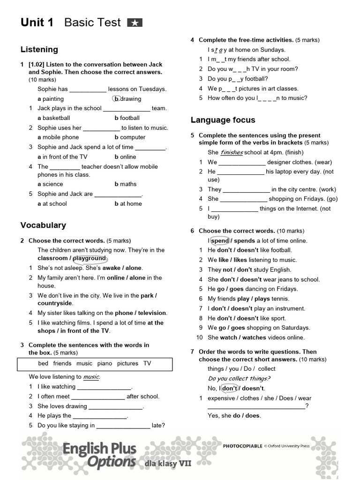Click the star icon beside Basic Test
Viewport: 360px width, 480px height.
pyautogui.click(x=135, y=22)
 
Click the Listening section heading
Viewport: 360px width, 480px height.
pyautogui.click(x=39, y=49)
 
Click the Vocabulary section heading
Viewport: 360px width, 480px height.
pyautogui.click(x=43, y=225)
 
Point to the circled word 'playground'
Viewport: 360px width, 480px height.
pyautogui.click(x=90, y=258)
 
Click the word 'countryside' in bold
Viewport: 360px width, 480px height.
pyautogui.click(x=55, y=303)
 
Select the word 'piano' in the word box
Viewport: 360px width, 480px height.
pyautogui.click(x=105, y=363)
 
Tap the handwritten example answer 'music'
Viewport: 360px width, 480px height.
pyautogui.click(x=91, y=377)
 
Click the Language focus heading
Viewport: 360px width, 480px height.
pyautogui.click(x=223, y=120)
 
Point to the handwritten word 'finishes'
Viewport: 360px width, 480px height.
pyautogui.click(x=232, y=152)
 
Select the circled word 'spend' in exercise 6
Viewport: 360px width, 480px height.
pyautogui.click(x=220, y=240)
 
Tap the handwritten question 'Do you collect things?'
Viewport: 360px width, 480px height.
pyautogui.click(x=239, y=378)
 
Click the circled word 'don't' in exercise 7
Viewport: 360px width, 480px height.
pyautogui.click(x=230, y=388)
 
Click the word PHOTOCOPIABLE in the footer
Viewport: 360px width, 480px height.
pyautogui.click(x=242, y=446)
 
